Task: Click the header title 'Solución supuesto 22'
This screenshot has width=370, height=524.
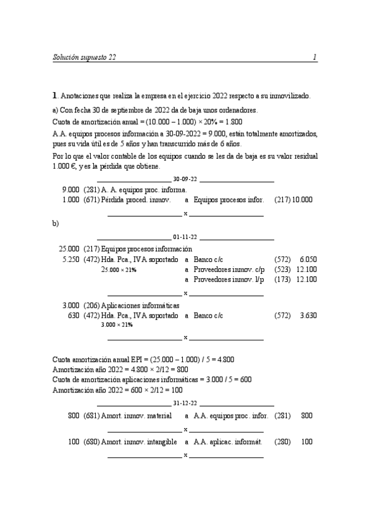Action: (84, 57)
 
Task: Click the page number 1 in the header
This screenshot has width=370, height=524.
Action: (314, 57)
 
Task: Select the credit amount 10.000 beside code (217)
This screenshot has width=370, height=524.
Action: (303, 200)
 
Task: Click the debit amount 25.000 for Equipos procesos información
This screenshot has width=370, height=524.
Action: (69, 248)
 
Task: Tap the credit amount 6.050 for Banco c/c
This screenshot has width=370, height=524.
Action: (308, 260)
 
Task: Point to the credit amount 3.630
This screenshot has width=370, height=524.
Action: (308, 316)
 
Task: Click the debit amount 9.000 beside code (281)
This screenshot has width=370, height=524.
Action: (70, 190)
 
